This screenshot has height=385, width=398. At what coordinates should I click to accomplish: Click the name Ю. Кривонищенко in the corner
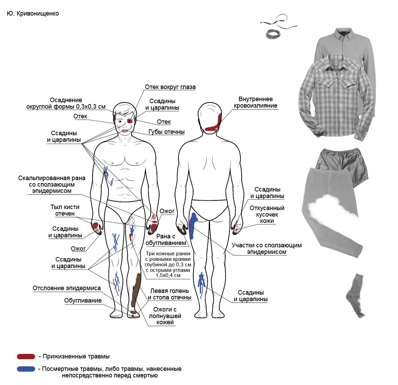tap(33, 14)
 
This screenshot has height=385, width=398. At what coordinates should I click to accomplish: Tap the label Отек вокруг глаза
tap(170, 87)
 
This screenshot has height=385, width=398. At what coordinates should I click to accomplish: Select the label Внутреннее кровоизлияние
tap(255, 102)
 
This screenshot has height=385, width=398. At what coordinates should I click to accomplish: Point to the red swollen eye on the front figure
tap(130, 121)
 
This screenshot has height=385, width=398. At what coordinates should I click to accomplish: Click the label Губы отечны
tap(166, 132)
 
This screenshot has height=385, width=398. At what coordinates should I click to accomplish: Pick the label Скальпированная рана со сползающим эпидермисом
tap(52, 184)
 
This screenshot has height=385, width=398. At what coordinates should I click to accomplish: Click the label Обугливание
tap(83, 300)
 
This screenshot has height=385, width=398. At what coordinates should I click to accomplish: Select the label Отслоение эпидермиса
tap(67, 288)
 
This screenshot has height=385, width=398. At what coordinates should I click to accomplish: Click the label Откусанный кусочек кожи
tap(267, 214)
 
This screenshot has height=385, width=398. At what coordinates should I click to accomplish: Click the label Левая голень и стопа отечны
tap(169, 294)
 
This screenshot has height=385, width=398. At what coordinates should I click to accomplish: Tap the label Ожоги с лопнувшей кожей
tap(165, 316)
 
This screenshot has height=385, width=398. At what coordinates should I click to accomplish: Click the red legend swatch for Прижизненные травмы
tap(26, 357)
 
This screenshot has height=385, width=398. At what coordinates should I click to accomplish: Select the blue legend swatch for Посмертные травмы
tap(26, 369)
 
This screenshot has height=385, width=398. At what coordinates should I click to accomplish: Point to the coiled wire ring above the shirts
tap(273, 33)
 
